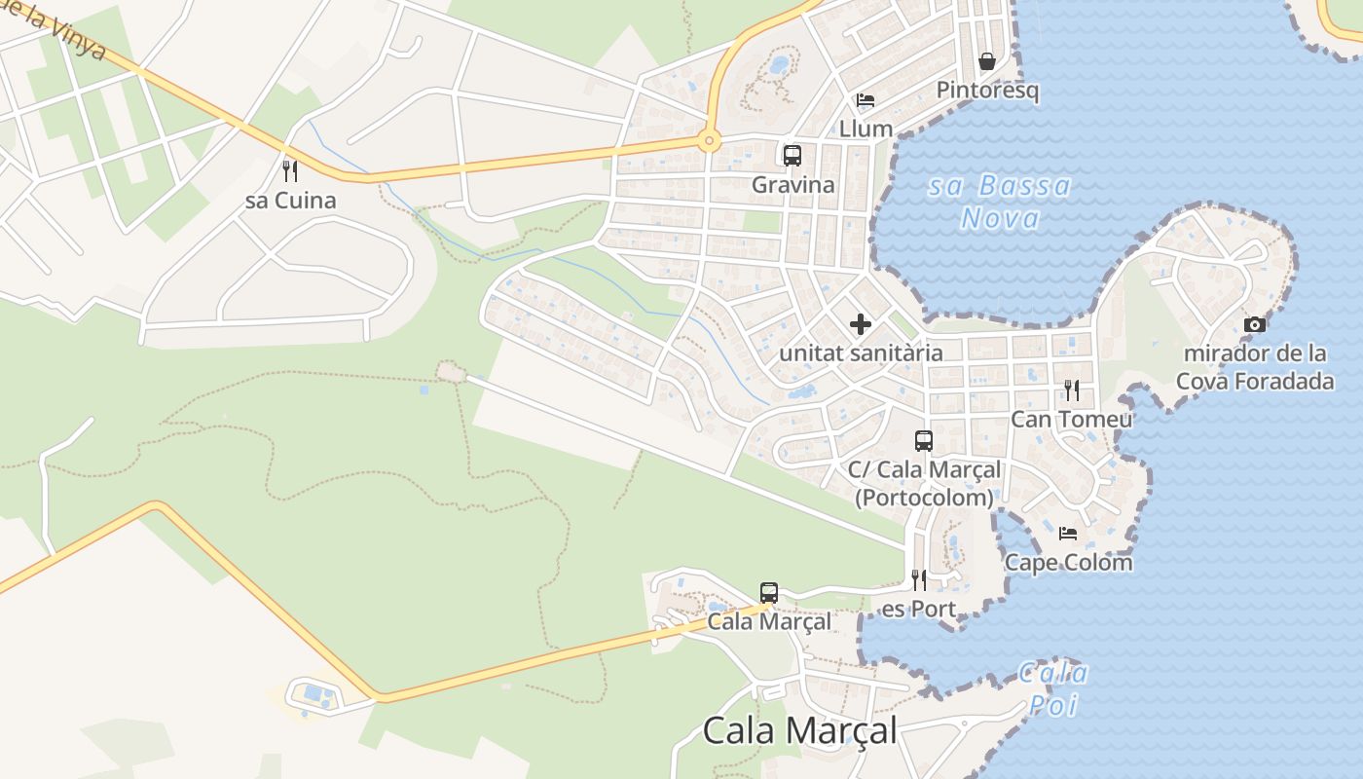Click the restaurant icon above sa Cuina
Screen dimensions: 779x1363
(289, 171)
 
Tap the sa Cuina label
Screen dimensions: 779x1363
(290, 201)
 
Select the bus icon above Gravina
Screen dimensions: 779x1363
(792, 155)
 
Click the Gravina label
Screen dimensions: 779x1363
(792, 184)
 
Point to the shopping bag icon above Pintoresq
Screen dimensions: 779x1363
(987, 61)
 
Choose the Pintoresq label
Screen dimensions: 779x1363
(987, 91)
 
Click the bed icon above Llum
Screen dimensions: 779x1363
(866, 99)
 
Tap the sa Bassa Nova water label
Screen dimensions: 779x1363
(1000, 202)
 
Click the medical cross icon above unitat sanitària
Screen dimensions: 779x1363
(861, 323)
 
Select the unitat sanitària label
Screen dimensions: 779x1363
(861, 352)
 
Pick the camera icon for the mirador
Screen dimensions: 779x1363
(1255, 324)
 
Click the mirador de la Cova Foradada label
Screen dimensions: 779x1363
(1255, 366)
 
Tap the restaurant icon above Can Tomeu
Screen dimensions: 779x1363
(1072, 390)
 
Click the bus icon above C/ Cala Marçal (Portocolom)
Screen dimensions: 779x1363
(924, 440)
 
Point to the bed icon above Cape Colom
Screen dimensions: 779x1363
(1068, 533)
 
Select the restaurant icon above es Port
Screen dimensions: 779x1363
(918, 580)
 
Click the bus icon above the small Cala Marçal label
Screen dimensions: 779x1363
(769, 592)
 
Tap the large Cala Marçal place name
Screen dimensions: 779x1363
(799, 730)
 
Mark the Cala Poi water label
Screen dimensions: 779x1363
(1053, 687)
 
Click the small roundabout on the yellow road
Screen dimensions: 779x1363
(709, 142)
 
